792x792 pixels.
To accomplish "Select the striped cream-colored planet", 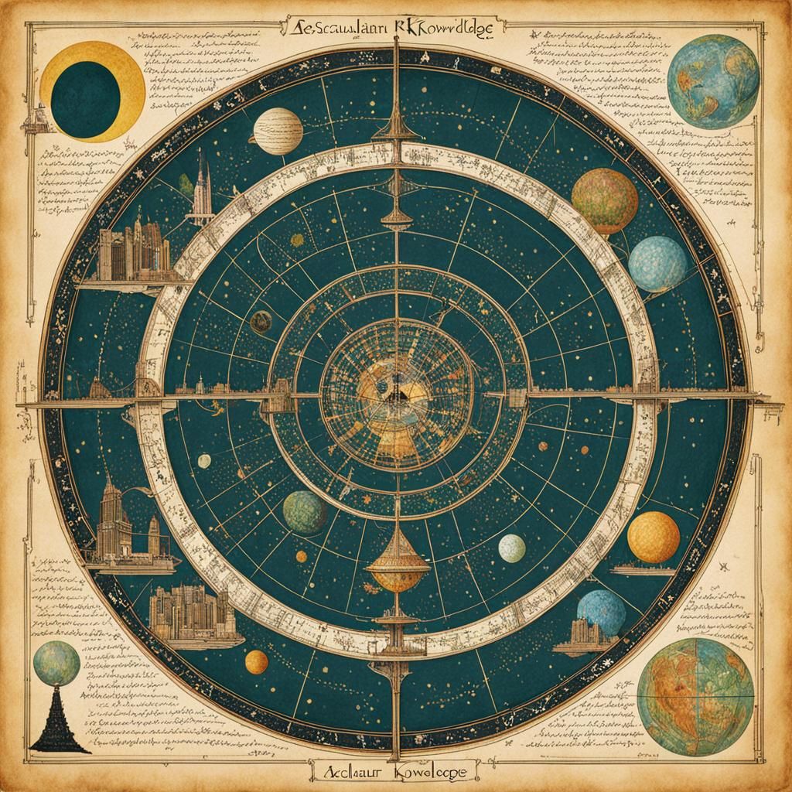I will click(278, 131).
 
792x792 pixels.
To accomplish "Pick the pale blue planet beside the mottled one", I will click(657, 264).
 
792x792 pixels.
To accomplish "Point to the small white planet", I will click(512, 548).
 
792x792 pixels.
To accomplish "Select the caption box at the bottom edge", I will click(396, 770).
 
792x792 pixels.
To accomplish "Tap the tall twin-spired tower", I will click(203, 188).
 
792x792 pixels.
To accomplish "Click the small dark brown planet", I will click(261, 322).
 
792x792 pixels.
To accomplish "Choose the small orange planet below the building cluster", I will click(256, 661).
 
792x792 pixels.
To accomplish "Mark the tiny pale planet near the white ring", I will click(204, 461).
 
